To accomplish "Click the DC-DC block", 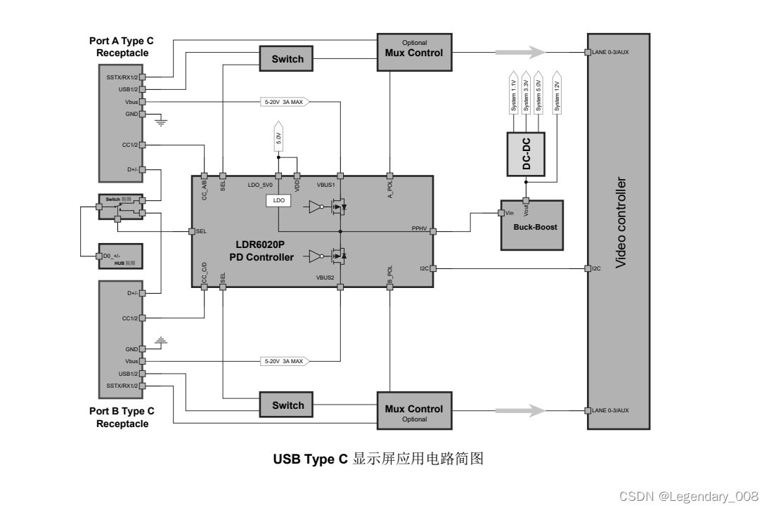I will tap(526, 154).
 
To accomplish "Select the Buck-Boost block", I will tap(531, 225).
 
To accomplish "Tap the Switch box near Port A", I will tap(287, 59).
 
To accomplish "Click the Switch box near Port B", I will tap(287, 405).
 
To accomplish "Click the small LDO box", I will tap(278, 201).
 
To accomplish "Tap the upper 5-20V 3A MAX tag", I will tap(285, 102).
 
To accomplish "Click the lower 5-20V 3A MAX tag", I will tap(285, 361).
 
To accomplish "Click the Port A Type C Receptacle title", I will tap(123, 47).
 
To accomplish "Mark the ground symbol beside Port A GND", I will tap(160, 122).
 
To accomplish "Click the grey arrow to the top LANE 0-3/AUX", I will tap(520, 52).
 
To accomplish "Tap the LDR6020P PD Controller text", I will tap(261, 251).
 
